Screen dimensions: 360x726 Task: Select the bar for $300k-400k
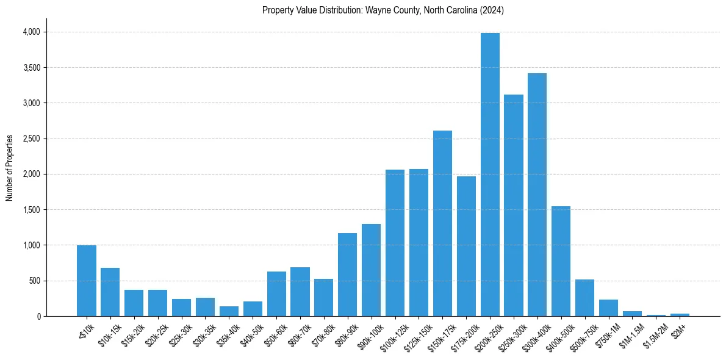pyautogui.click(x=537, y=195)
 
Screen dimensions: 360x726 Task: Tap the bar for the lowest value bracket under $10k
pyautogui.click(x=87, y=281)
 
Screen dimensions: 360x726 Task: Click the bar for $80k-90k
pyautogui.click(x=348, y=275)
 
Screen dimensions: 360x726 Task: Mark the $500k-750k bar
pyautogui.click(x=585, y=298)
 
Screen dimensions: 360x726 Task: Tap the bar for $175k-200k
pyautogui.click(x=466, y=247)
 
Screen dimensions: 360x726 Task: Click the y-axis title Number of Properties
pyautogui.click(x=10, y=168)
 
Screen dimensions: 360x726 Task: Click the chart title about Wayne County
pyautogui.click(x=383, y=10)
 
